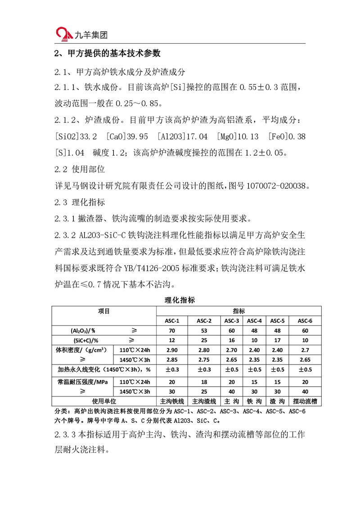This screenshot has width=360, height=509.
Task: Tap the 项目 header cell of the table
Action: point(104,311)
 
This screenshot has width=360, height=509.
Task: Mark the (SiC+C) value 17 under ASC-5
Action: point(276,340)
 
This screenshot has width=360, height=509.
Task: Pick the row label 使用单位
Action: point(104,401)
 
